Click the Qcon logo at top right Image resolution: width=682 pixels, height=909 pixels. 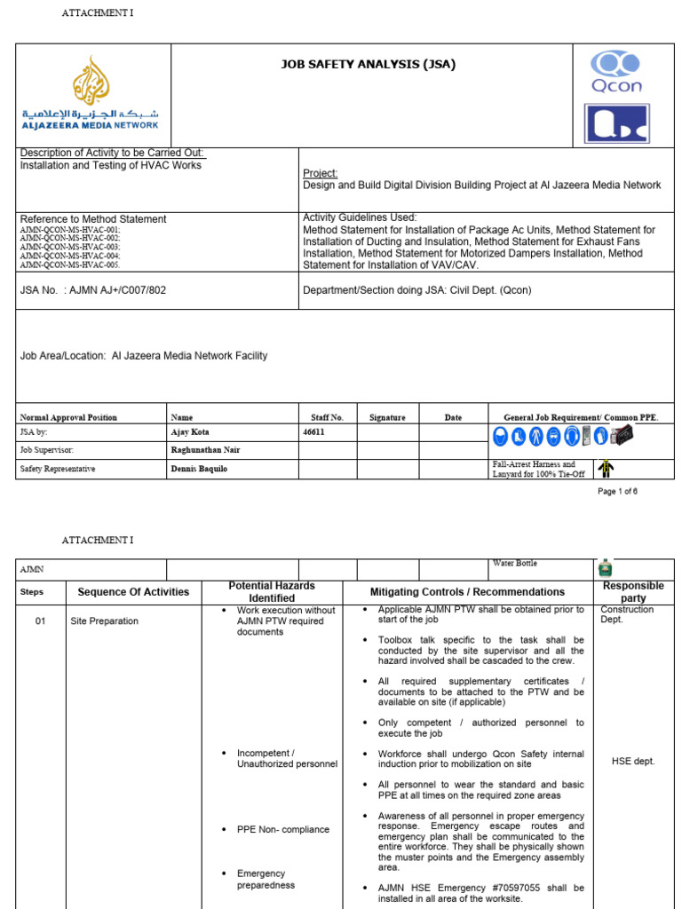point(616,73)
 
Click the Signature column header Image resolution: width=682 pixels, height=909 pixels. point(387,417)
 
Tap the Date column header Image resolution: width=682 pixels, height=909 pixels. point(454,417)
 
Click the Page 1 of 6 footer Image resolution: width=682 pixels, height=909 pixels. point(617,491)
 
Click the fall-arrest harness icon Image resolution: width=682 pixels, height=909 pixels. point(606,468)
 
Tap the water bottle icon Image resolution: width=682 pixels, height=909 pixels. point(606,569)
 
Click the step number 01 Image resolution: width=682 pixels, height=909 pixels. point(40,621)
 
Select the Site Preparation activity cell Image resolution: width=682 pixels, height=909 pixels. point(104,621)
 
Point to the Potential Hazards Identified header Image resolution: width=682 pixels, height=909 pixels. point(272,592)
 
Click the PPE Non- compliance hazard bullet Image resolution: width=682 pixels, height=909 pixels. point(282,829)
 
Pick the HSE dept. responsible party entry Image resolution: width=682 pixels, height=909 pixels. point(633,761)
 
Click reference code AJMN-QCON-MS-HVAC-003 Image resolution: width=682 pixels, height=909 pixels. point(70,247)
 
